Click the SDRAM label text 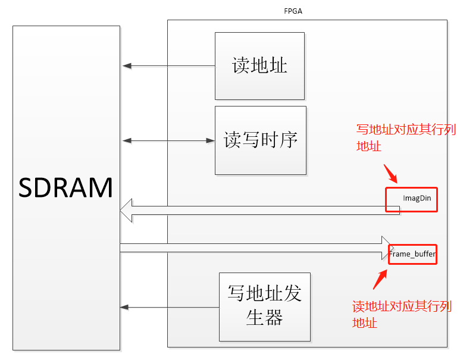pos(66,187)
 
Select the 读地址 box pos(259,65)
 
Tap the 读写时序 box pos(260,140)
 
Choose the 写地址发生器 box pos(264,306)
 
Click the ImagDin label pos(417,198)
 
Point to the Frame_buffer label pos(412,254)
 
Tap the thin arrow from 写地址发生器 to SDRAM pos(170,307)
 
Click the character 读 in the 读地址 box pos(241,65)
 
